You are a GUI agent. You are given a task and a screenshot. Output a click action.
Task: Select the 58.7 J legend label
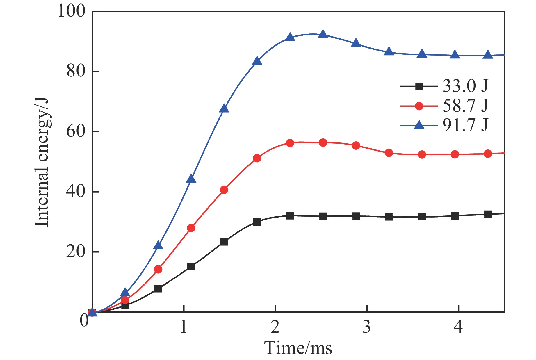pyautogui.click(x=465, y=106)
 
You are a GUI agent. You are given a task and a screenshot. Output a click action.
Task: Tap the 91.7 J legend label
pyautogui.click(x=465, y=125)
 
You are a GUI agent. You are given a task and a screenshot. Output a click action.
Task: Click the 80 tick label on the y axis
pyautogui.click(x=76, y=71)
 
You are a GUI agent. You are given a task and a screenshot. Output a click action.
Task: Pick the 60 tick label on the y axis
pyautogui.click(x=76, y=131)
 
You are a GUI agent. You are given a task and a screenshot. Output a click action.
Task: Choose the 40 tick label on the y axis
pyautogui.click(x=76, y=192)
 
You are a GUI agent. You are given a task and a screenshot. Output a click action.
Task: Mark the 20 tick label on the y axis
pyautogui.click(x=76, y=252)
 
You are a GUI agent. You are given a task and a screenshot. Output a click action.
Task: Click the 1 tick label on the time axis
pyautogui.click(x=184, y=327)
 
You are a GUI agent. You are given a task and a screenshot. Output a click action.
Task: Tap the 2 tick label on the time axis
pyautogui.click(x=275, y=327)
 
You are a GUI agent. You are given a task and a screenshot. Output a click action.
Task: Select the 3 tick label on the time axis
pyautogui.click(x=367, y=327)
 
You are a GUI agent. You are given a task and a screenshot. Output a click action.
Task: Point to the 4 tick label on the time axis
pyautogui.click(x=458, y=327)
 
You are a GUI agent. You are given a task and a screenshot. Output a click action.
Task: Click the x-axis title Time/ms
pyautogui.click(x=298, y=348)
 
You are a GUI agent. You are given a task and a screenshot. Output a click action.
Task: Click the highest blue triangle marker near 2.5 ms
pyautogui.click(x=323, y=34)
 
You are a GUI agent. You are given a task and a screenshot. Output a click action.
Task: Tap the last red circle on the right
pyautogui.click(x=488, y=154)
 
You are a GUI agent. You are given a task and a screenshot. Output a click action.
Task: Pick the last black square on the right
pyautogui.click(x=488, y=215)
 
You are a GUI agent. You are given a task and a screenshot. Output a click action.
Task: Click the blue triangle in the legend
pyautogui.click(x=419, y=125)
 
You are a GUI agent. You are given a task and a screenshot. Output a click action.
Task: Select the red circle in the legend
pyautogui.click(x=419, y=106)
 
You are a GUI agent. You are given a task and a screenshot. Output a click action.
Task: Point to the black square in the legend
pyautogui.click(x=419, y=86)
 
